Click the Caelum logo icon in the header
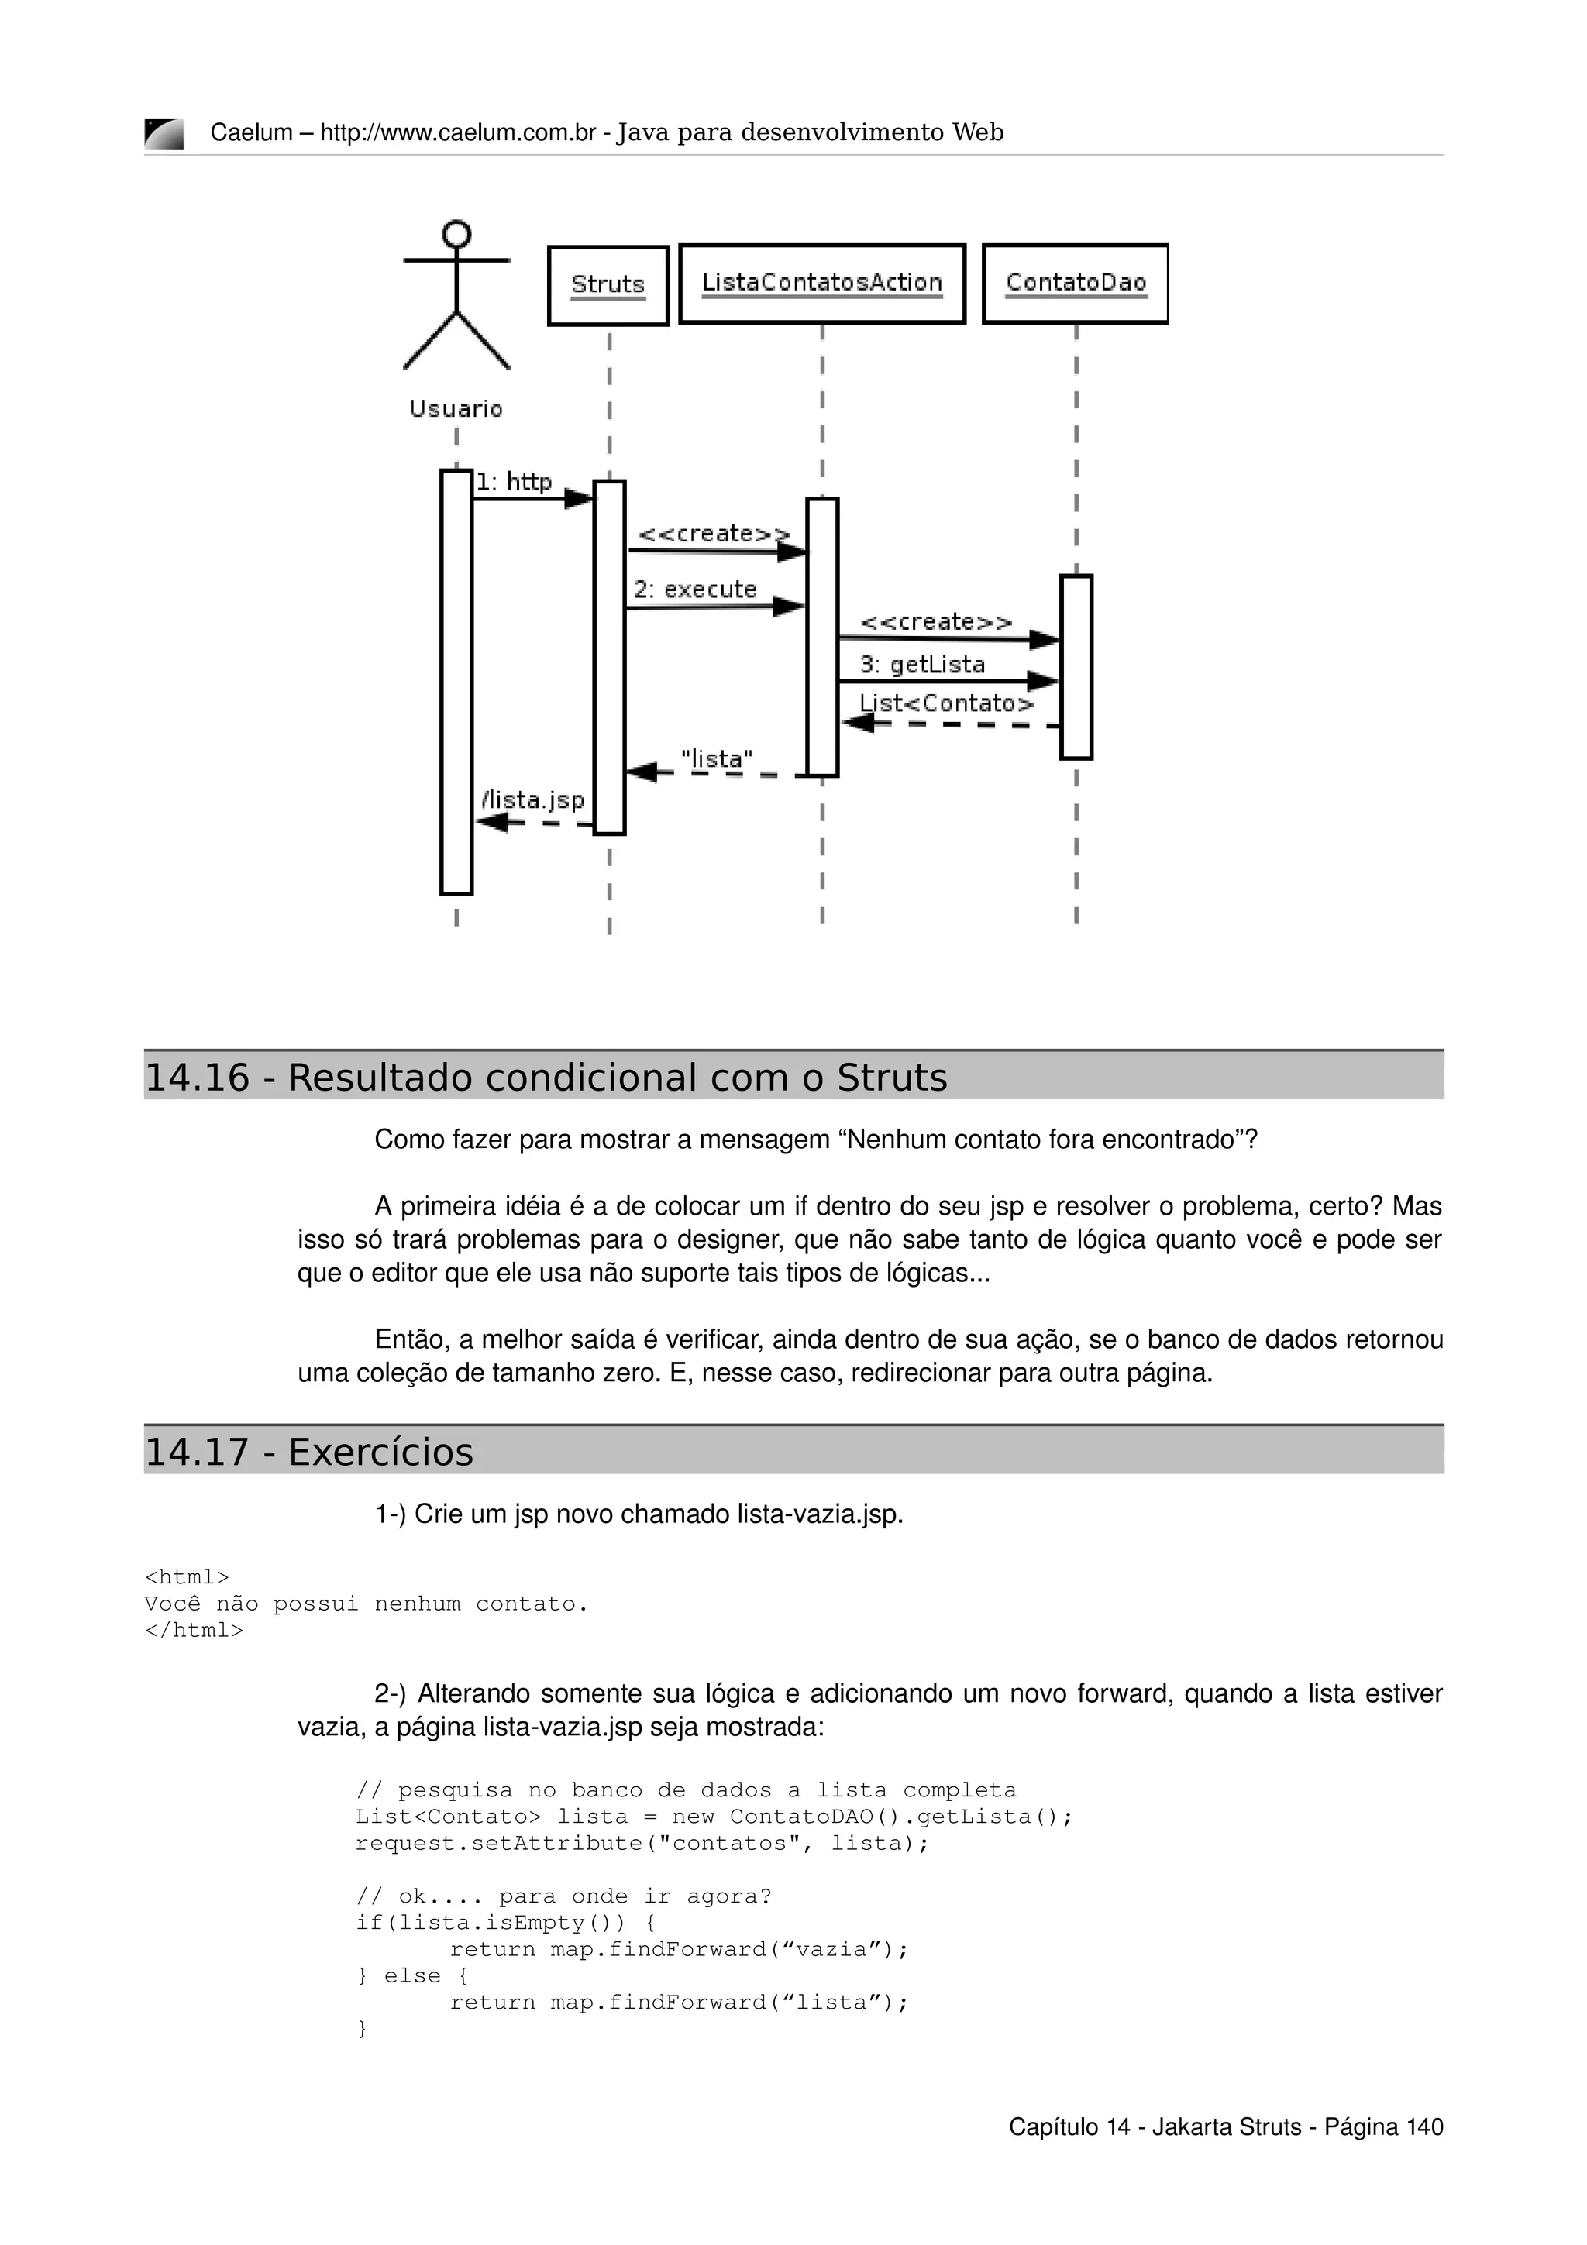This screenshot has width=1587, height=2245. pos(164,133)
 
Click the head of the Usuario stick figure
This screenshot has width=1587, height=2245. pos(456,235)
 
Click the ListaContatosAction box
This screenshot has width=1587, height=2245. pos(821,284)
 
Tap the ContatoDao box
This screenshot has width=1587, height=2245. pos(1075,284)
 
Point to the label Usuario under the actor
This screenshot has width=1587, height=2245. pos(456,409)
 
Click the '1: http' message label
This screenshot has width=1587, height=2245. pos(513,482)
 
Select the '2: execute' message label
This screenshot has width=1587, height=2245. pos(694,590)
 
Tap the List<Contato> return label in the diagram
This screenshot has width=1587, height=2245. pos(945,703)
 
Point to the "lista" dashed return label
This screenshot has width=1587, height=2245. pos(717,758)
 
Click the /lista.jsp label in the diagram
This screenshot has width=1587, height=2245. pos(533,799)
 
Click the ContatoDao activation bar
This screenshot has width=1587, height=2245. pos(1076,667)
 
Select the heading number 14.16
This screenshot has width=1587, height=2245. pos(198,1078)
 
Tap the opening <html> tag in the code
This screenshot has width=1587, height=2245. pos(187,1577)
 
